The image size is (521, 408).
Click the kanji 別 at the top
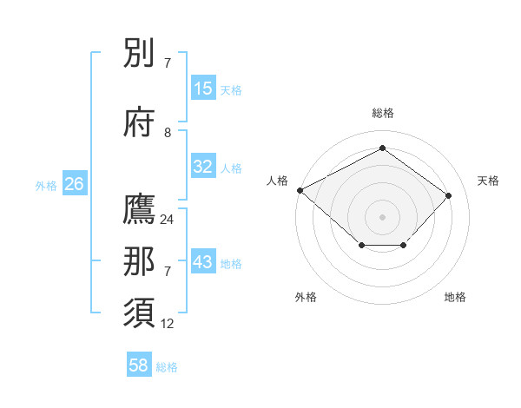coord(141,54)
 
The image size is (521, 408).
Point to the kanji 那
coord(141,262)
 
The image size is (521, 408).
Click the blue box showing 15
coord(203,89)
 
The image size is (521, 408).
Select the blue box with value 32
coord(203,167)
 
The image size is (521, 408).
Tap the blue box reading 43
coord(203,262)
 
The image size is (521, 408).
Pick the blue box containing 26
coord(74,184)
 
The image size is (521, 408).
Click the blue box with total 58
coord(139,365)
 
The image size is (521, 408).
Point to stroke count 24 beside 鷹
coord(167,220)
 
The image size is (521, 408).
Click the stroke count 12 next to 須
coord(167,323)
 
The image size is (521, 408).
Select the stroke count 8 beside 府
coord(168,132)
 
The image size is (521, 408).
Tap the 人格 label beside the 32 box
coord(231,168)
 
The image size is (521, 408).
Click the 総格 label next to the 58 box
coord(167,366)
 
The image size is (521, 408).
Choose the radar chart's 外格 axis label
coord(306,297)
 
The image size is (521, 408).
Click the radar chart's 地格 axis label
coord(455,297)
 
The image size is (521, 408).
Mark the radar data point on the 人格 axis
coord(300,190)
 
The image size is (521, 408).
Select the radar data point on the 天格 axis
coord(448,195)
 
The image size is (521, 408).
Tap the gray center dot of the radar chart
coord(382,216)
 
